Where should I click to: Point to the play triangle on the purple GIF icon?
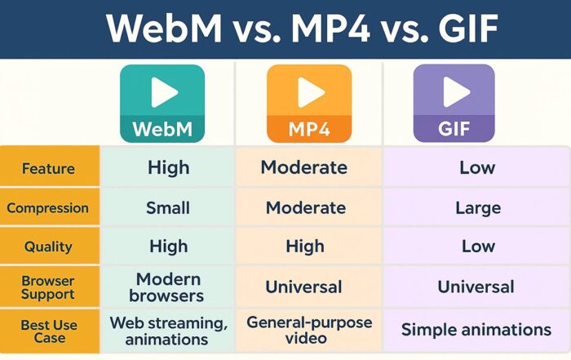455,91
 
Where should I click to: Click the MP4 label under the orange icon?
309,128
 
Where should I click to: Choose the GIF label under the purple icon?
454,128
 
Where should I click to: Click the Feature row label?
48,169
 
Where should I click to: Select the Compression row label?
48,208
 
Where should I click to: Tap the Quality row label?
48,247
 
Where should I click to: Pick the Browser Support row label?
48,287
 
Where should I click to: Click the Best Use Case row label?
49,331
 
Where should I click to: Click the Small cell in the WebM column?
169,208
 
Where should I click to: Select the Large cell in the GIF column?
477,208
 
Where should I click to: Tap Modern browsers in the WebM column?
169,287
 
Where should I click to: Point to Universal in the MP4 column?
303,287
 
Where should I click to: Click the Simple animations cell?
476,330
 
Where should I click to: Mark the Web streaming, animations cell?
169,330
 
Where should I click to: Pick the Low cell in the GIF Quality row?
477,247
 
